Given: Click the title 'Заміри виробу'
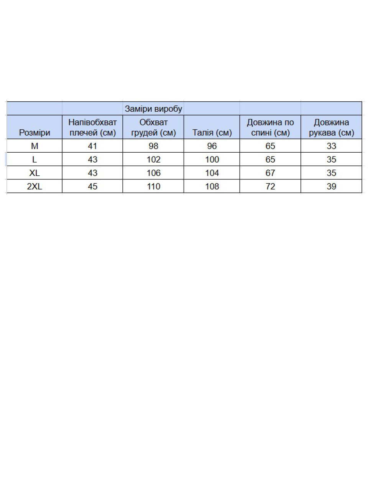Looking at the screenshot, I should (153, 109).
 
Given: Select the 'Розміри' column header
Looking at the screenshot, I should (34, 133).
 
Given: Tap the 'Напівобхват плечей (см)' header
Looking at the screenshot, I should (92, 127).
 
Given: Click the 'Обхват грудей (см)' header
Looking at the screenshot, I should (153, 127).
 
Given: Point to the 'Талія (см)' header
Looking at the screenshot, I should (212, 133).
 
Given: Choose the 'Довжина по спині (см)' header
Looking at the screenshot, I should (270, 127).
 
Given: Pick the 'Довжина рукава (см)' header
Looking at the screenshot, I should (331, 127).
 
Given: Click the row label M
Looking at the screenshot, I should (34, 146).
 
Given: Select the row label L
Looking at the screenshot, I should (34, 160).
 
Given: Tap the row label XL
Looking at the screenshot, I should (34, 173).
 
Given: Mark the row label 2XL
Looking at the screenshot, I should (34, 186).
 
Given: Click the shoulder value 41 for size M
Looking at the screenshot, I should (92, 146).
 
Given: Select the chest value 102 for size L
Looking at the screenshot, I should (153, 160).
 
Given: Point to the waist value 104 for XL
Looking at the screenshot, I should (212, 173).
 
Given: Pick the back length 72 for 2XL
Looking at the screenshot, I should (270, 186).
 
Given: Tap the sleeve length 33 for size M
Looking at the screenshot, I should (331, 146).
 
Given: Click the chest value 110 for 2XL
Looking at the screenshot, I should (153, 186).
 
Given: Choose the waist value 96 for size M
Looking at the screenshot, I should (212, 146).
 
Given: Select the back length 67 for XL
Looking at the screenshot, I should (270, 173).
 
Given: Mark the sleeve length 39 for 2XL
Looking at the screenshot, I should (331, 186).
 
